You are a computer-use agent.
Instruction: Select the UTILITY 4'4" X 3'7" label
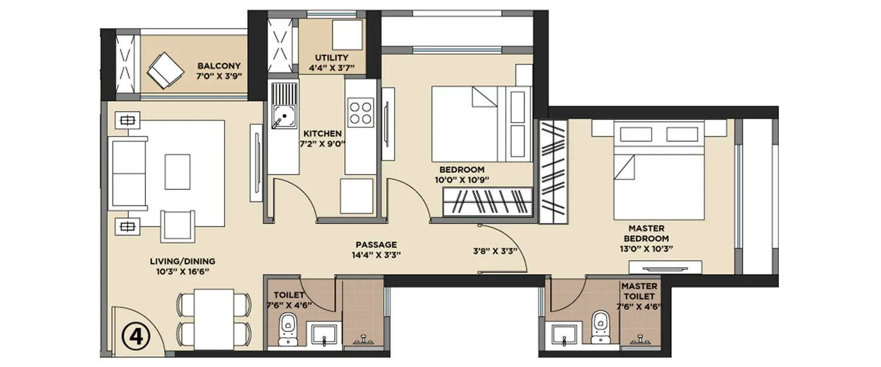click(332, 63)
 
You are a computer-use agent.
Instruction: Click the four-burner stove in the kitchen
click(360, 113)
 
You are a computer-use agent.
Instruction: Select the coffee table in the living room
click(177, 171)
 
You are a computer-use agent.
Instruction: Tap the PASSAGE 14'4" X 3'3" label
click(376, 250)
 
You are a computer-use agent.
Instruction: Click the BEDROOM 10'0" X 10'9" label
click(460, 174)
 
